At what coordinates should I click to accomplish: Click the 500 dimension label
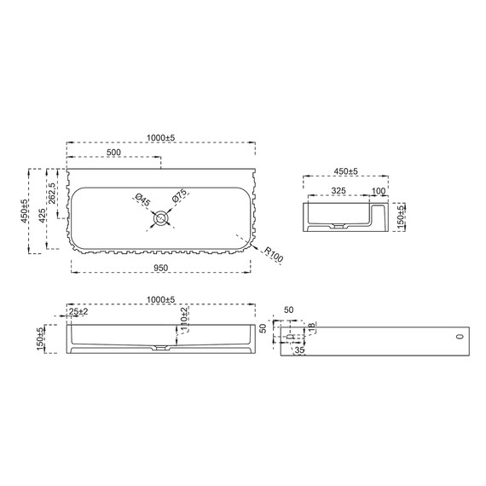pos(113,152)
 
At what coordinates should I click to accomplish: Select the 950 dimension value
pos(161,268)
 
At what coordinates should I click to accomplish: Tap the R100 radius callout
pos(274,254)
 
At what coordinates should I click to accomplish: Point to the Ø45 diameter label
pos(143,200)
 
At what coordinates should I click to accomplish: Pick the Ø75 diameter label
pos(180,195)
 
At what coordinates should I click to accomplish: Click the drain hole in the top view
pos(161,218)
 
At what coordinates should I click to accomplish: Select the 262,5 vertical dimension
pos(52,193)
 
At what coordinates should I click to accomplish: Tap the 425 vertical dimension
pos(42,216)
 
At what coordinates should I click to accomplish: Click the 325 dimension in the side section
pos(338,190)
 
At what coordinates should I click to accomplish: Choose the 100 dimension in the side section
pos(378,191)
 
